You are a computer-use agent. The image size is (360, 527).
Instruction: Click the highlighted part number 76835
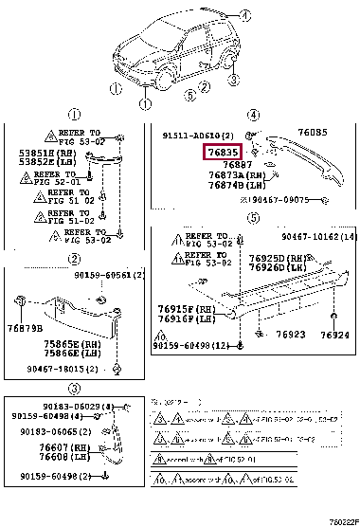pos(223,153)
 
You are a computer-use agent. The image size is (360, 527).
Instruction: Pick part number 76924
pos(333,336)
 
